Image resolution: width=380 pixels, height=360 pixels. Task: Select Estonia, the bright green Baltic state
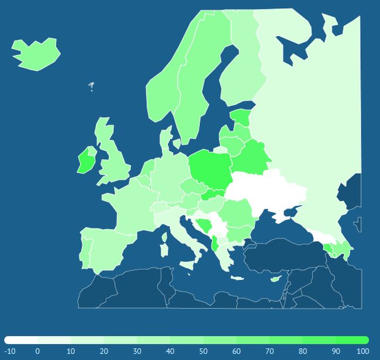point(241,117)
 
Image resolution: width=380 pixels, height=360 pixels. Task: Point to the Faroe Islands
point(91,86)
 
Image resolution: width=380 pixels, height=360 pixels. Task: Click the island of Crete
point(238,278)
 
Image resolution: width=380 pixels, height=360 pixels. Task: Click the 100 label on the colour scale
point(362,351)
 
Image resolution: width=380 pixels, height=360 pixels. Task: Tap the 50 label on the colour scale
point(203,351)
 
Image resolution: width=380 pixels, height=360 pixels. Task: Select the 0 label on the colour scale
point(37,351)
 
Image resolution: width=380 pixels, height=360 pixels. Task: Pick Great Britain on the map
point(114,161)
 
